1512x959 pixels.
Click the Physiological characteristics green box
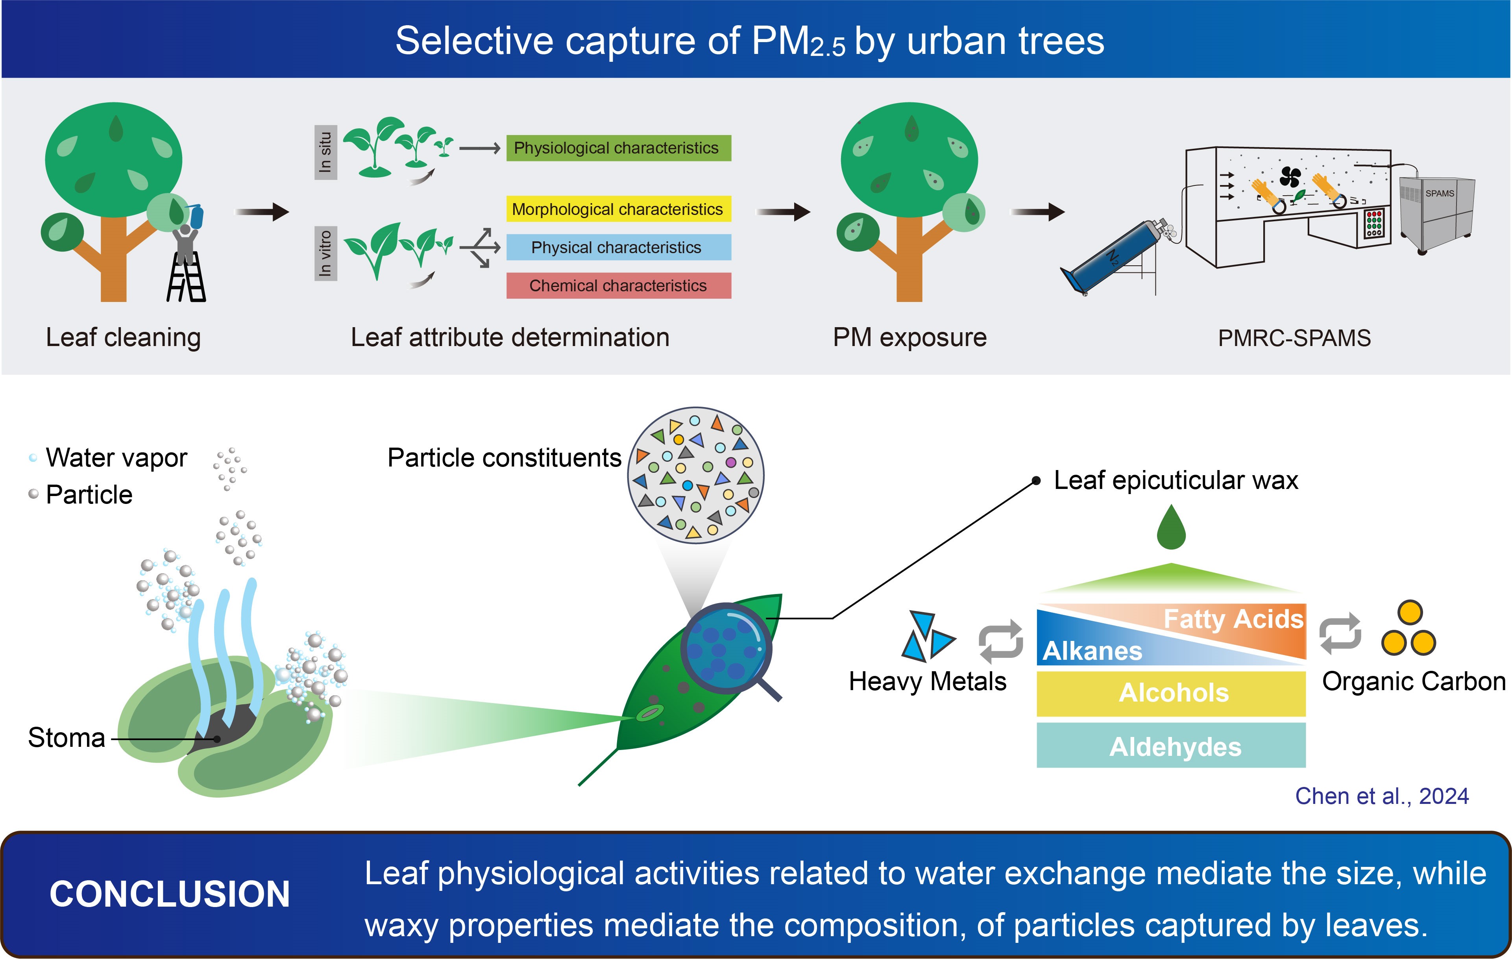619,148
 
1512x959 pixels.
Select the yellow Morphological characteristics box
619,209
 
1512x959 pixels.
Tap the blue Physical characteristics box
619,248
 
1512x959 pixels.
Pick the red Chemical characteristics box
619,286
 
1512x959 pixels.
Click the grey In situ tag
325,153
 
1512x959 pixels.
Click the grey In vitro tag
325,253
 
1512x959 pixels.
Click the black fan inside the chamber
1290,177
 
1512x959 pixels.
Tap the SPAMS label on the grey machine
1439,193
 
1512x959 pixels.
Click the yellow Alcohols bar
1171,693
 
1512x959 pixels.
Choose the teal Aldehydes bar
1171,746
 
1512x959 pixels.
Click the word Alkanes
1092,651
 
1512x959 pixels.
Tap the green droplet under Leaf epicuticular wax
1171,529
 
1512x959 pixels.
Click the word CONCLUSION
170,894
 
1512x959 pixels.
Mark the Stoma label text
67,738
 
